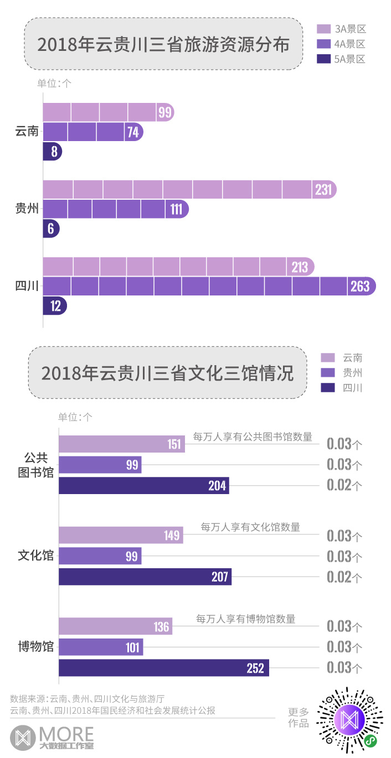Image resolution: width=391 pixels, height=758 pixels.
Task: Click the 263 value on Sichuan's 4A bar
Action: (x=360, y=287)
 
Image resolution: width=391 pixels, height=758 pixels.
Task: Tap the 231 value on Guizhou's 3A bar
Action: (x=323, y=190)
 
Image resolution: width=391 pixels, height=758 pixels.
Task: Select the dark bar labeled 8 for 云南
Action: (x=52, y=152)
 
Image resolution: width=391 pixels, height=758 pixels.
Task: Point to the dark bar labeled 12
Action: (x=55, y=305)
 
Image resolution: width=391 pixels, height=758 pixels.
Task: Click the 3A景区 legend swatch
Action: (x=324, y=29)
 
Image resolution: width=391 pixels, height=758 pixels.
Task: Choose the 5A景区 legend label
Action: (x=350, y=59)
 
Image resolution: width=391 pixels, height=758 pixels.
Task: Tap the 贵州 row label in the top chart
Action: (x=27, y=209)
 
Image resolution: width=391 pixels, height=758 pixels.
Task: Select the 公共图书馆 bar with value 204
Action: (x=143, y=485)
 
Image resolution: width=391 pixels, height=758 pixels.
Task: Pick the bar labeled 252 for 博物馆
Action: (x=163, y=668)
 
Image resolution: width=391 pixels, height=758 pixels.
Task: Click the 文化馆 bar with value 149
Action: (x=121, y=535)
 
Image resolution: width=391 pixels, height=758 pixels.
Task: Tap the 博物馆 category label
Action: (x=36, y=646)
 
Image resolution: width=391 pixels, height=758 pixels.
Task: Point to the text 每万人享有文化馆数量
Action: (x=250, y=527)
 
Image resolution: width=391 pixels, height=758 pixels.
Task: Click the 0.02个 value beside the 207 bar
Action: (x=344, y=577)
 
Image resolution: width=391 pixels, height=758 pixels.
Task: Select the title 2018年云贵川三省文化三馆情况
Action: (x=167, y=373)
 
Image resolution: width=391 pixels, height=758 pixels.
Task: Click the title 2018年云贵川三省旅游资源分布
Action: (x=163, y=44)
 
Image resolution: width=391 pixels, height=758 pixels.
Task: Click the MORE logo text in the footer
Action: (x=66, y=734)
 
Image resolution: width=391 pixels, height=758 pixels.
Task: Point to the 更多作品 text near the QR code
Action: (x=299, y=718)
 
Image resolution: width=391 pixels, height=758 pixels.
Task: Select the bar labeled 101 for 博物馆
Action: (x=101, y=647)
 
